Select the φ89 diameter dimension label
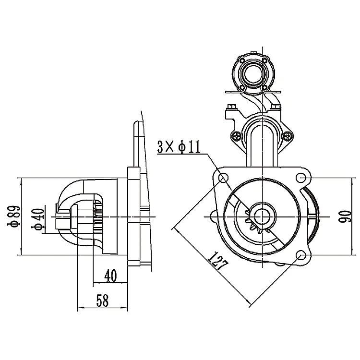pos(13,216)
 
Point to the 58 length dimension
pos(102,301)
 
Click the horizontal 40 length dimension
pos(110,276)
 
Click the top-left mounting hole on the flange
pos(223,178)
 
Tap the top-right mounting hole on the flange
pos(301,178)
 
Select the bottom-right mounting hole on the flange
pos(301,256)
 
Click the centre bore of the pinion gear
pos(262,216)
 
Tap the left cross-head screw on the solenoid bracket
pos(237,136)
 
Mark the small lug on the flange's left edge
pos(212,216)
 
